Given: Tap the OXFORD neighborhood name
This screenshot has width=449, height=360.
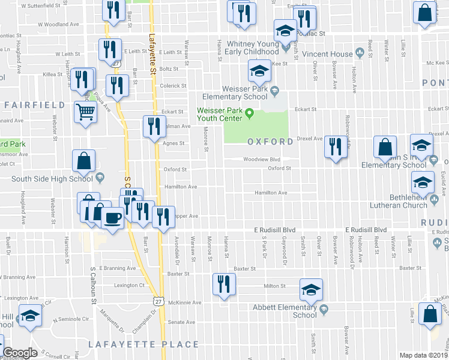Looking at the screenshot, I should pos(270,142).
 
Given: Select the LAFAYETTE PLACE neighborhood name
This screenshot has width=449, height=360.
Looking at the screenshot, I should pos(143,344).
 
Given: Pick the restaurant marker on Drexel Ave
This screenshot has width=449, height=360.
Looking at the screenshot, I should pos(336,147).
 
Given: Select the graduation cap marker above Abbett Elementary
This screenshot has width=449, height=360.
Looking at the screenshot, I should pos(310,289).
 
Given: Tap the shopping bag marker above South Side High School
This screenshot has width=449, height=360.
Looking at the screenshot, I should pos(83,160).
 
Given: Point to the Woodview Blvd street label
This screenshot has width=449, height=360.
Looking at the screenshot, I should pos(262,159).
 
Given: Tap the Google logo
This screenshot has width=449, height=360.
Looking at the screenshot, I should pos(20,353).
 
